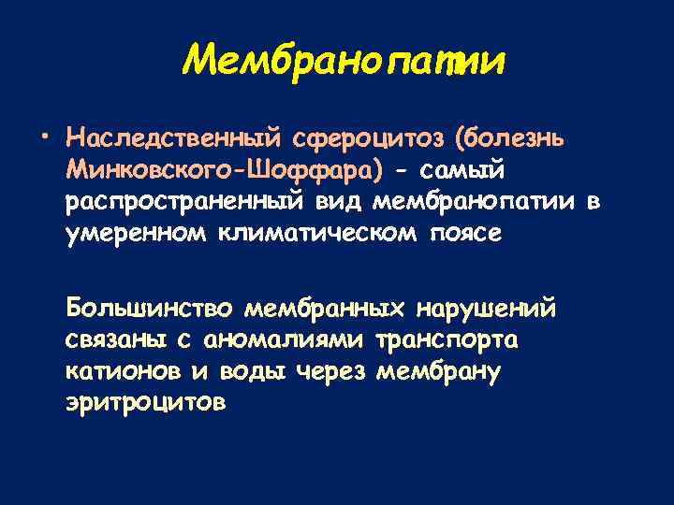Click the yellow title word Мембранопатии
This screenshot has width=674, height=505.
[344, 62]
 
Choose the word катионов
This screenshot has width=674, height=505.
[123, 370]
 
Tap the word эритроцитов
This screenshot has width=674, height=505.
[146, 402]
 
